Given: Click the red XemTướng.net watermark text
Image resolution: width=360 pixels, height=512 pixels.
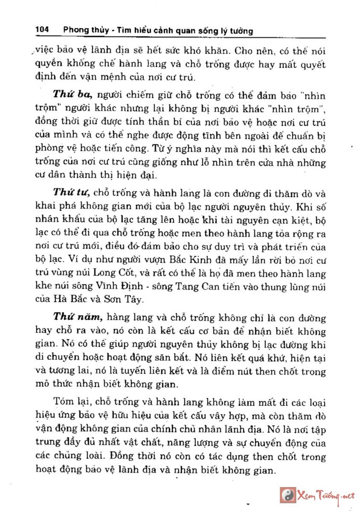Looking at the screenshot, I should [326, 495].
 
